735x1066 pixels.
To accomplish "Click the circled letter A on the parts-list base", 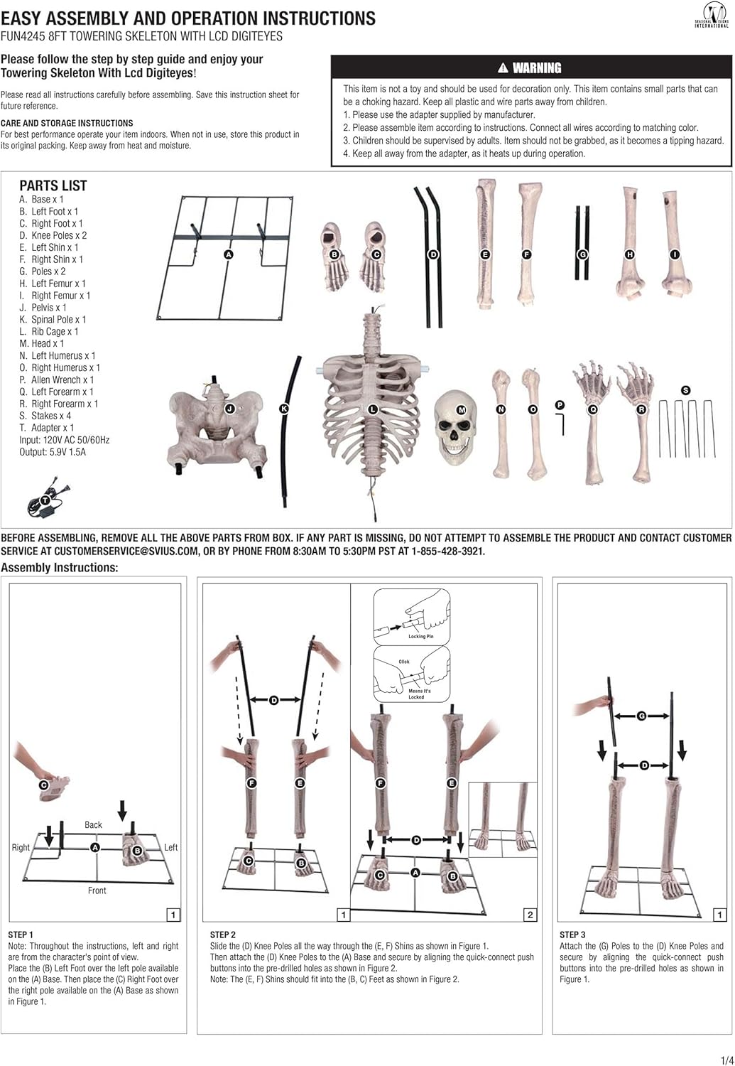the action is [x=229, y=254].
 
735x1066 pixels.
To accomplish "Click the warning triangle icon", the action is [x=503, y=68].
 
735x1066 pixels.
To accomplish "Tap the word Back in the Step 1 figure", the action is [x=93, y=824].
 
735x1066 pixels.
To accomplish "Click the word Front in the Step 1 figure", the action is [x=97, y=890].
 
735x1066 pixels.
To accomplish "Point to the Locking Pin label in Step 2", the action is [x=420, y=636].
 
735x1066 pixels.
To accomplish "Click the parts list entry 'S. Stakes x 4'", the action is [x=45, y=416].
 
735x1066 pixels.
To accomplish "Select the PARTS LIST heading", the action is [x=53, y=185].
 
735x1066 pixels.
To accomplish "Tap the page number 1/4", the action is [x=727, y=1060].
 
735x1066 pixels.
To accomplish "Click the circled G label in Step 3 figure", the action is [x=641, y=716].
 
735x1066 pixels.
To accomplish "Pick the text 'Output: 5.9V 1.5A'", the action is [x=53, y=451].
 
